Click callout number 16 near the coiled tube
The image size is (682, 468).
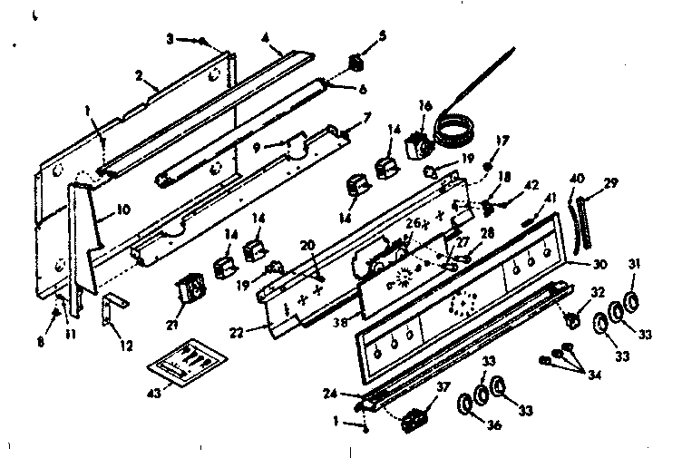424,106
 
